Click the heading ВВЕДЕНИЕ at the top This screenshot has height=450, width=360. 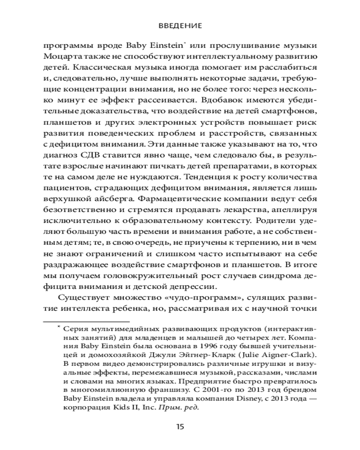[180, 27]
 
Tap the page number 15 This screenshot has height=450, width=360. [180, 426]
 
